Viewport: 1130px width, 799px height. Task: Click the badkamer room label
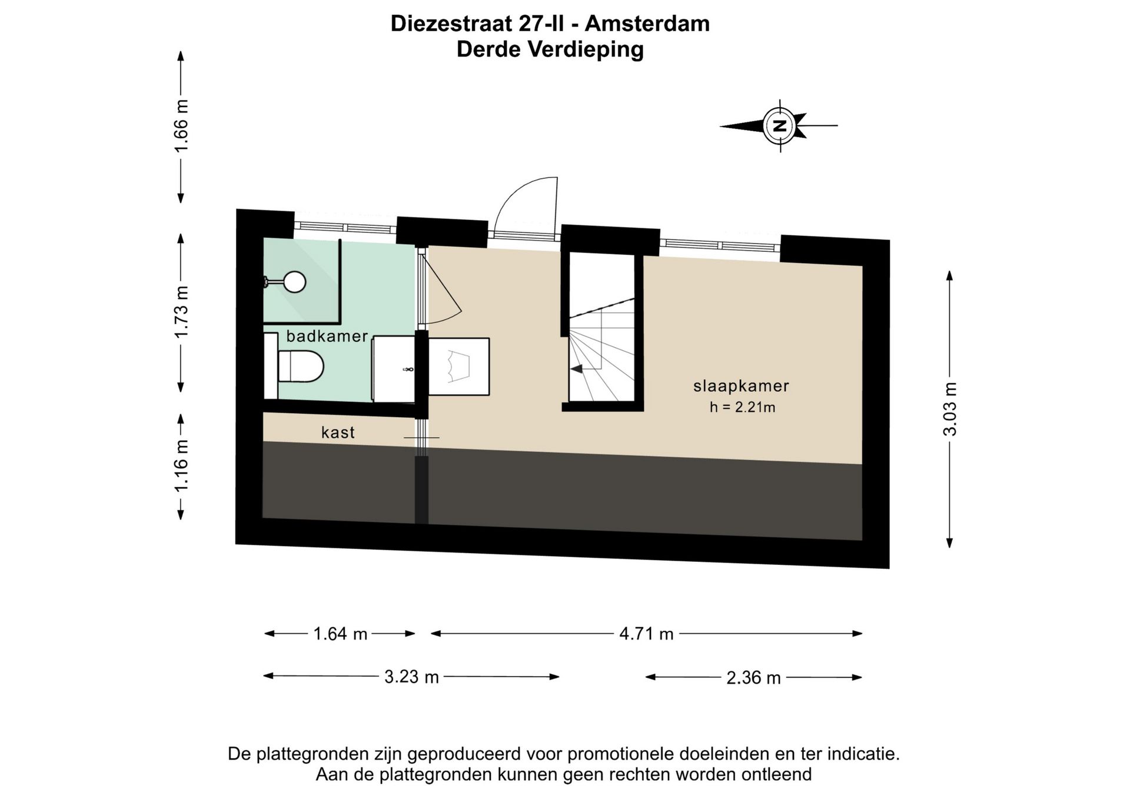(x=327, y=337)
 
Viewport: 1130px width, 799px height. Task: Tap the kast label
(x=338, y=432)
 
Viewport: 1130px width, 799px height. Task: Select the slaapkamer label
(x=741, y=386)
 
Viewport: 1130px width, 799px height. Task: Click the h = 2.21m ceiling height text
(x=742, y=407)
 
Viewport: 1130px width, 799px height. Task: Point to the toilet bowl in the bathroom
(x=301, y=366)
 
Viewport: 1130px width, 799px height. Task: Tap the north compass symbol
(x=780, y=126)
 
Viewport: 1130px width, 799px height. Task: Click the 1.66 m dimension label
(x=181, y=126)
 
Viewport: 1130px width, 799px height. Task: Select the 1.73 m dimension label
(x=181, y=312)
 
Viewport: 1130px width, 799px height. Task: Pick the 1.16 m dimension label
(x=181, y=465)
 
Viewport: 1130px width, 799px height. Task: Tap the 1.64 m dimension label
(x=340, y=634)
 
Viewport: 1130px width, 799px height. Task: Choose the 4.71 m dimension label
(x=646, y=634)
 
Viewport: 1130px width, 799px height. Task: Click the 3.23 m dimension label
(x=411, y=677)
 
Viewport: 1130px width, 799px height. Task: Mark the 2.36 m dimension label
(x=753, y=678)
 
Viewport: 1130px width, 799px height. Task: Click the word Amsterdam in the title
(x=647, y=24)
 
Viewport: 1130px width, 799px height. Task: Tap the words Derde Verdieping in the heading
(x=550, y=49)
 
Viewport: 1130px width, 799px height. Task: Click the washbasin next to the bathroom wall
(x=394, y=369)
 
